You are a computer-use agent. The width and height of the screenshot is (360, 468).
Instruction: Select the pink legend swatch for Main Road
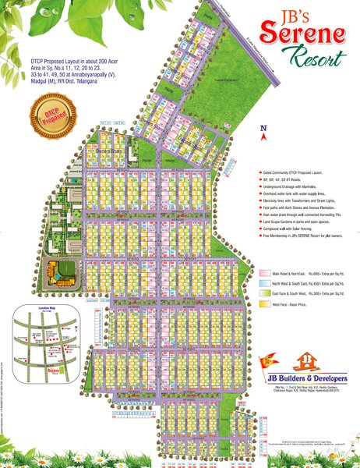[264, 273]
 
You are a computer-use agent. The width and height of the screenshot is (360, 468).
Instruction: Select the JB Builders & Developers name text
[305, 378]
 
